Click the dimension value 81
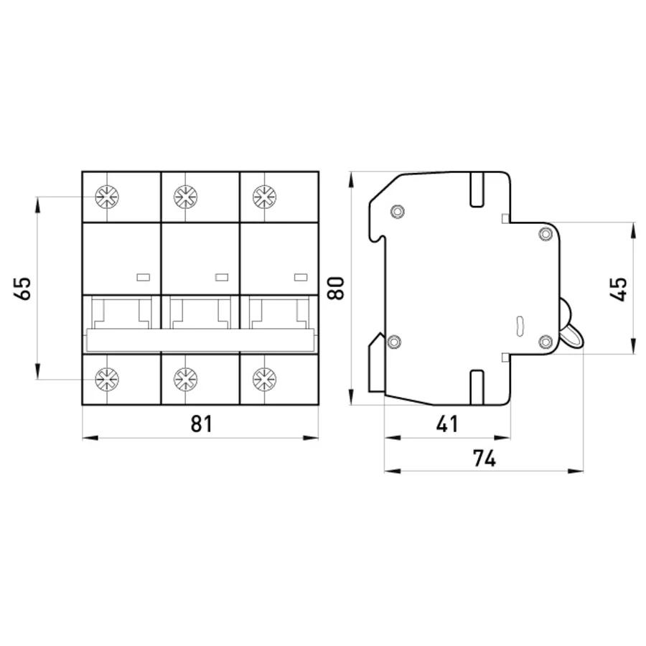(202, 423)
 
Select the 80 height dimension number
(335, 289)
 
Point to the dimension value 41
(447, 423)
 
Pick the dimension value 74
(484, 458)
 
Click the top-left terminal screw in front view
(107, 197)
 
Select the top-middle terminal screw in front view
(186, 197)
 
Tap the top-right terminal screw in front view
(264, 197)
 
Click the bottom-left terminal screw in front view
(107, 379)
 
